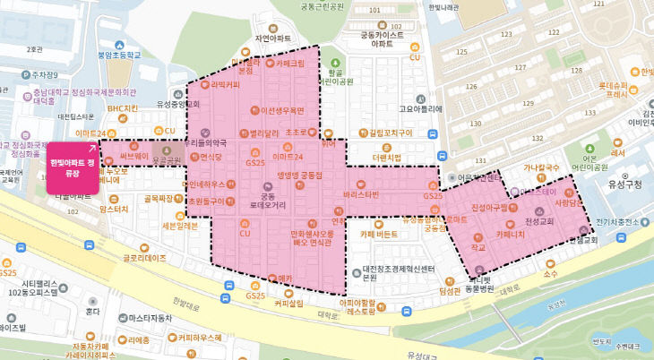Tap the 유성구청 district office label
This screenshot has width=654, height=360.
(624, 184)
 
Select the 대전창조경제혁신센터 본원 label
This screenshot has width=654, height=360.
(376, 271)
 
